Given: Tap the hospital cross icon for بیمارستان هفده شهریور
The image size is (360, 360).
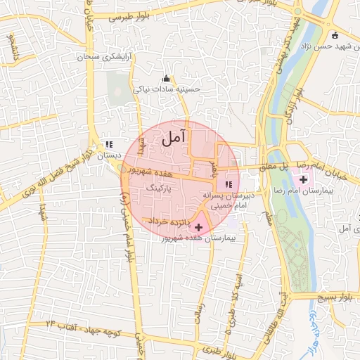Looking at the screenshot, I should (198, 227).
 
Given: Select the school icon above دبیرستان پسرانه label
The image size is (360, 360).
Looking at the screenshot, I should (227, 184).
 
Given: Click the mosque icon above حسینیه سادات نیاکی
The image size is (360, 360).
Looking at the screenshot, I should (166, 78).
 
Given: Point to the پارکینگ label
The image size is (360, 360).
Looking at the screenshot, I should (157, 188).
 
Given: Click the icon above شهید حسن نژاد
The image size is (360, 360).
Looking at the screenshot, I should (335, 35).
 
